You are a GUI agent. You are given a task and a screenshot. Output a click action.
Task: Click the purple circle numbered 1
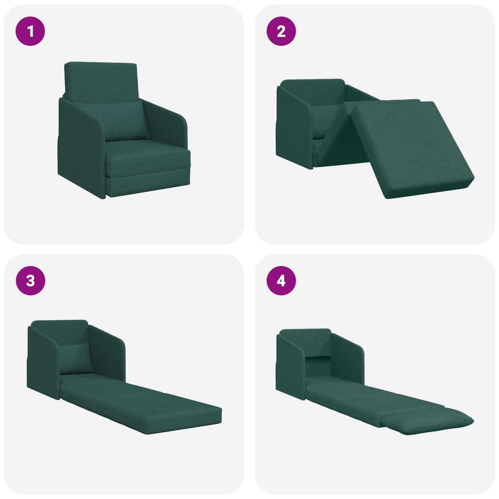pyautogui.click(x=30, y=31)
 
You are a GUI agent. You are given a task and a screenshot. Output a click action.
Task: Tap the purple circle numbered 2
pyautogui.click(x=281, y=31)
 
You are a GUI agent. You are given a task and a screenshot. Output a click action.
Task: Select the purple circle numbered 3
pyautogui.click(x=30, y=280)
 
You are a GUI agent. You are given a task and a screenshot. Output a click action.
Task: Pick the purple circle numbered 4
pyautogui.click(x=281, y=280)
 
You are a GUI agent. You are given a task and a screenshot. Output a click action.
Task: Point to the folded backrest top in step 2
pyautogui.click(x=313, y=90)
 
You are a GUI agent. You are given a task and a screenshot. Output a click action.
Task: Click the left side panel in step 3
pyautogui.click(x=43, y=363)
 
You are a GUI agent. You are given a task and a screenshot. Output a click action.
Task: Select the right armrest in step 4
pyautogui.click(x=349, y=356)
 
